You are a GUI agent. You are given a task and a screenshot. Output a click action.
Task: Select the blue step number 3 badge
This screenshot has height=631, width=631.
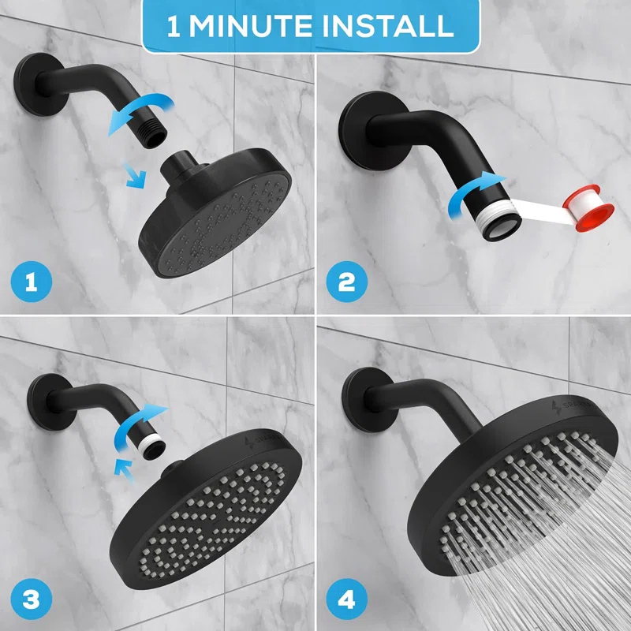pos(32,599)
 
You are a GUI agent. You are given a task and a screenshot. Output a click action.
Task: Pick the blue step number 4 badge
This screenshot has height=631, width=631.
pos(348,599)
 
